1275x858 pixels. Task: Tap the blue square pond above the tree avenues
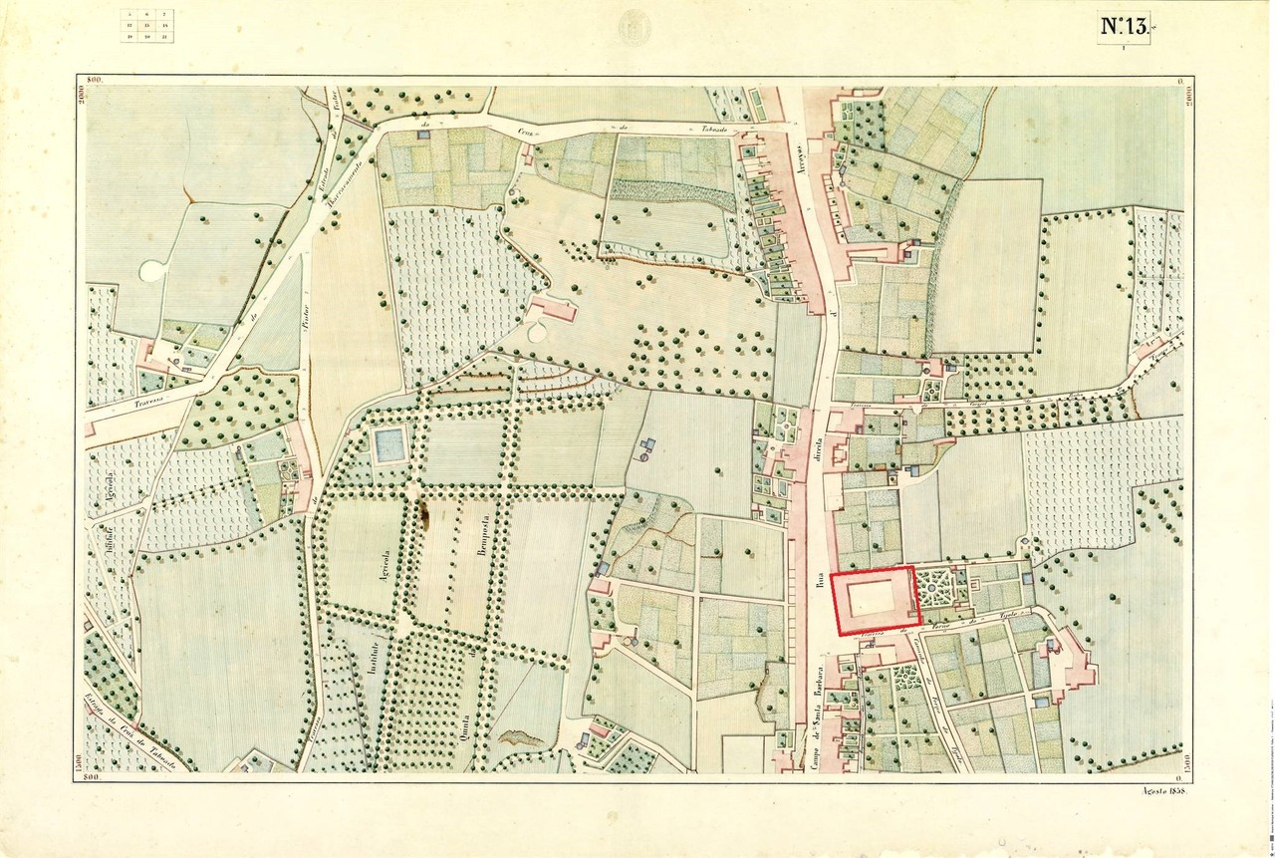pos(389,444)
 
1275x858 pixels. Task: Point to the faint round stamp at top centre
pos(633,27)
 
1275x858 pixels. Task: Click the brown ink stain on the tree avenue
pos(427,513)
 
